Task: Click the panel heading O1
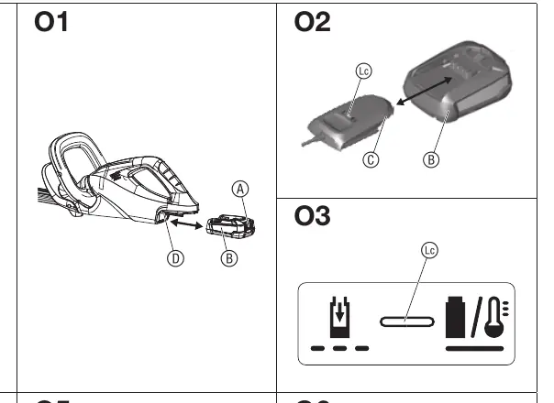pyautogui.click(x=50, y=22)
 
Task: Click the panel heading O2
pyautogui.click(x=313, y=22)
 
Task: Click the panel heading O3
pyautogui.click(x=313, y=215)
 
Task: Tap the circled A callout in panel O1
pyautogui.click(x=240, y=190)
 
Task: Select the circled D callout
pyautogui.click(x=175, y=258)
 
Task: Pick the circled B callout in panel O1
pyautogui.click(x=229, y=258)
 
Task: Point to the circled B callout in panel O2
pyautogui.click(x=431, y=160)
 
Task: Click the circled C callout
pyautogui.click(x=371, y=160)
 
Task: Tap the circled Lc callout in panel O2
pyautogui.click(x=363, y=71)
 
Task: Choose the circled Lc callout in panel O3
pyautogui.click(x=429, y=250)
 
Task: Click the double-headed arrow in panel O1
pyautogui.click(x=186, y=224)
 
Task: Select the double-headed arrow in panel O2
pyautogui.click(x=425, y=91)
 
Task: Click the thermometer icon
pyautogui.click(x=496, y=317)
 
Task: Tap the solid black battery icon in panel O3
pyautogui.click(x=456, y=317)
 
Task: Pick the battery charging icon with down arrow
pyautogui.click(x=340, y=317)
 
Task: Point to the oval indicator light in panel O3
pyautogui.click(x=407, y=321)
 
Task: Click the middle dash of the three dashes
pyautogui.click(x=340, y=349)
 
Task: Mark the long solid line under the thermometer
pyautogui.click(x=474, y=349)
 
